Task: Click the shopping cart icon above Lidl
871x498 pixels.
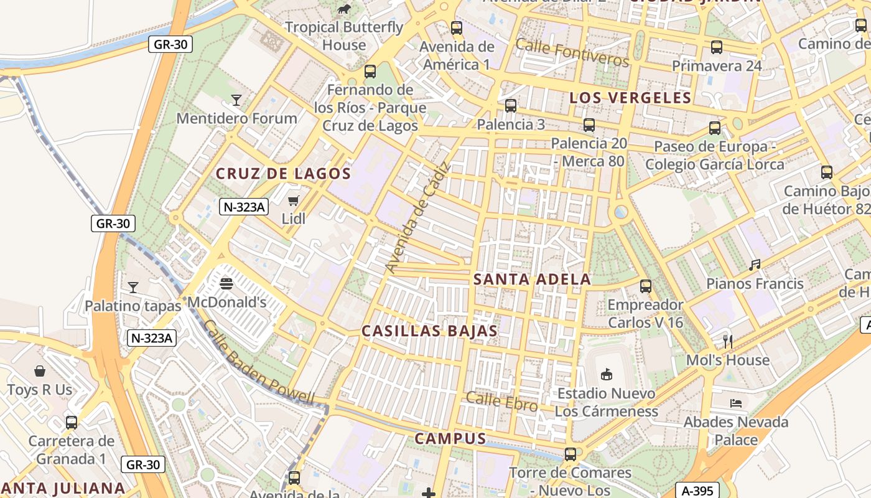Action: [x=294, y=200]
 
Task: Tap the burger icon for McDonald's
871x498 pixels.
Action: [x=226, y=284]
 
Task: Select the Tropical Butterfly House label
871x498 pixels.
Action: [x=344, y=36]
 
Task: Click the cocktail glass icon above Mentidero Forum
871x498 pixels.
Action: [x=236, y=100]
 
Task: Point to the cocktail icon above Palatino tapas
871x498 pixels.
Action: [x=133, y=287]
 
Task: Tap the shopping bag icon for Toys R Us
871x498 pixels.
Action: [x=40, y=372]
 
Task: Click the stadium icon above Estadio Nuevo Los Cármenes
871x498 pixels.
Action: [x=606, y=374]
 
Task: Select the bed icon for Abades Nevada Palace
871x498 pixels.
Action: [x=736, y=403]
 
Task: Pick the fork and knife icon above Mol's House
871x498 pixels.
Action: [x=728, y=341]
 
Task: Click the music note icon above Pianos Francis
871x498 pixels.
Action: [x=755, y=265]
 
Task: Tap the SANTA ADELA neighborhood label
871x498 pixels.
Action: [x=532, y=280]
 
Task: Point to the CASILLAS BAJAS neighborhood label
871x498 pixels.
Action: [x=430, y=331]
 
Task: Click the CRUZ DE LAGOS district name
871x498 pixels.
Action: [x=284, y=174]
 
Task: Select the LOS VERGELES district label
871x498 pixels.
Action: [x=630, y=98]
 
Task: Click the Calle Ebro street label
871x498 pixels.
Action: [x=501, y=402]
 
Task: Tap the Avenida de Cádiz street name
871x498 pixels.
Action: [x=417, y=217]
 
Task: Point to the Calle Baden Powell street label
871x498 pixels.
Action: [x=259, y=364]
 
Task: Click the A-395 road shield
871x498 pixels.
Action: [x=697, y=490]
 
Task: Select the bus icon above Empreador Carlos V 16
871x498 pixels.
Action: [x=646, y=286]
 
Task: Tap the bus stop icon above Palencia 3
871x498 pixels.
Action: [x=511, y=106]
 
